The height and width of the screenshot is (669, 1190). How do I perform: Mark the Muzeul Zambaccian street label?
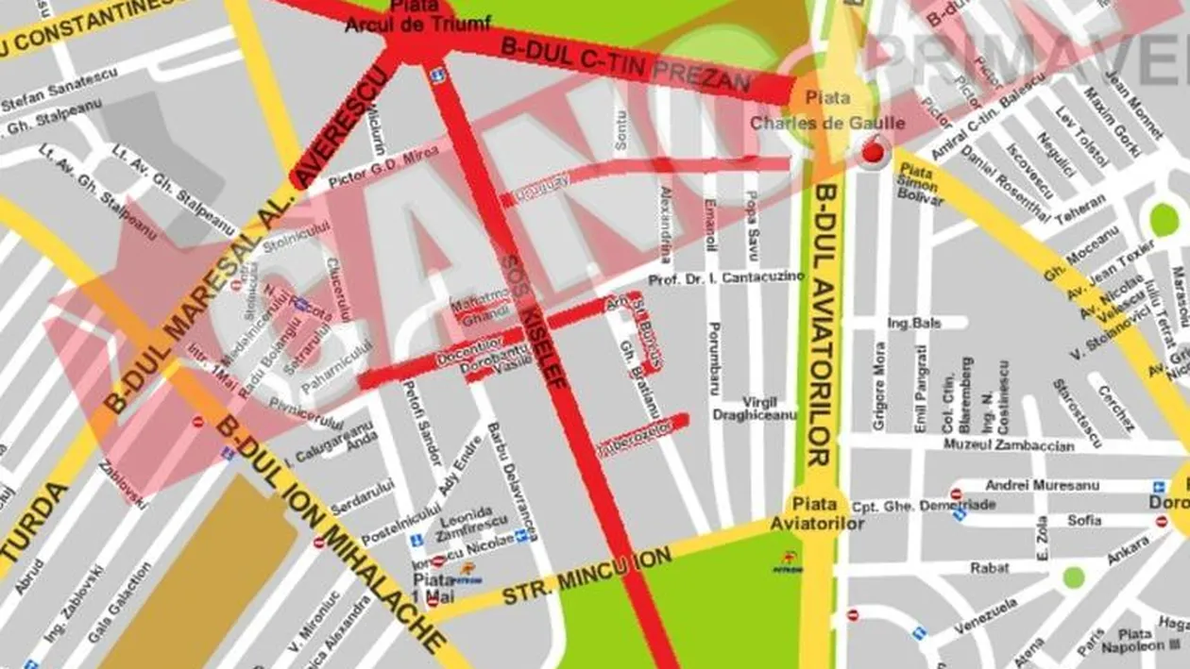pos(1017,446)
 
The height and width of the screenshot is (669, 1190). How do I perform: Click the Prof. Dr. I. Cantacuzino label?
pos(726,279)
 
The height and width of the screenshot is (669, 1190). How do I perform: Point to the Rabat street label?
pos(989,567)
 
